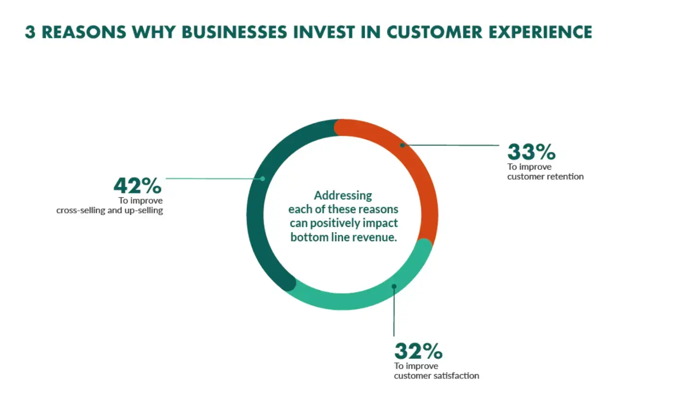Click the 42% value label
[137, 186]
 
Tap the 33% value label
[531, 152]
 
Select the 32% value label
[418, 351]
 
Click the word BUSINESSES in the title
[234, 32]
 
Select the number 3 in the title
[30, 32]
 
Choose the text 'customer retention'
[545, 176]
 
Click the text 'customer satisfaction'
[436, 376]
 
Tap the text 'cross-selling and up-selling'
[109, 210]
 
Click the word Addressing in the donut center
[343, 195]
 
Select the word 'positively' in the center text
[335, 223]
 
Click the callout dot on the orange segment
[402, 145]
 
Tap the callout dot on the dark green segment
[263, 178]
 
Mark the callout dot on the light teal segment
[394, 286]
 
